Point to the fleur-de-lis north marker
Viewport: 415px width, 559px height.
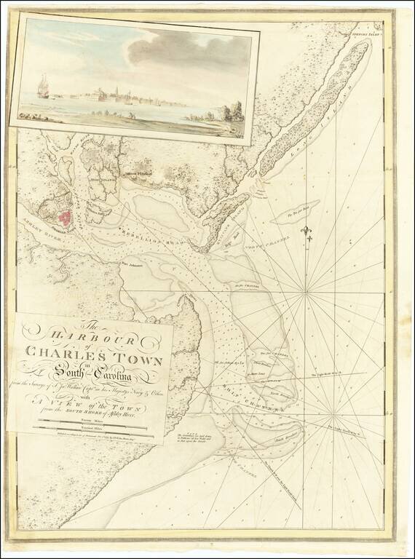click(x=306, y=231)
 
